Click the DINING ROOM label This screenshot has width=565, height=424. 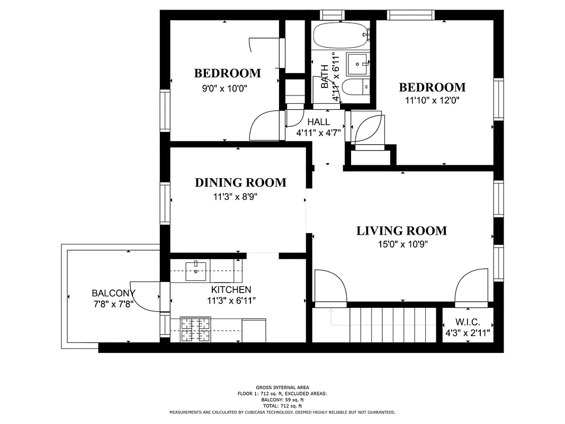[240, 183]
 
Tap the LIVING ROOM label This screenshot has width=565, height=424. [401, 231]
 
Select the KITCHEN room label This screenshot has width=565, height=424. [231, 289]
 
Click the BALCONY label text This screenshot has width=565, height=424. [113, 293]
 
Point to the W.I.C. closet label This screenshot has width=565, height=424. [468, 322]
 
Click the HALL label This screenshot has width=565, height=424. [318, 122]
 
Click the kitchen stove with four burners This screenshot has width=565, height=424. [195, 329]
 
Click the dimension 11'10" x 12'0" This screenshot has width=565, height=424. [432, 100]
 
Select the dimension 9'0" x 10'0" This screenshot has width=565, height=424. [225, 89]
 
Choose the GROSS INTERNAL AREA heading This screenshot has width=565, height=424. [282, 387]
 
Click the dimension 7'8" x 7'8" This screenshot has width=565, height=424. [113, 304]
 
